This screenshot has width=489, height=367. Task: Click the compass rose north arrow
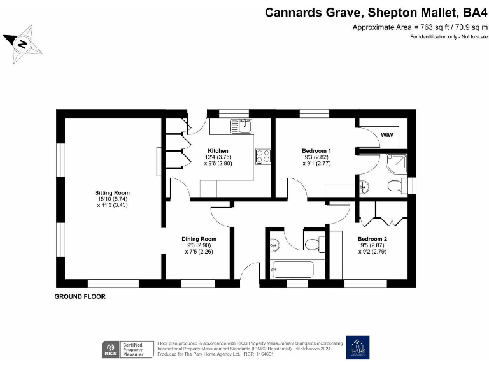pyautogui.click(x=22, y=43)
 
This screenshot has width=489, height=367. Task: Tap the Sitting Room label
pyautogui.click(x=112, y=192)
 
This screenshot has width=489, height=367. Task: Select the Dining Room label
pyautogui.click(x=195, y=239)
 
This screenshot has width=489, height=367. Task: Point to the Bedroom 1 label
pyautogui.click(x=316, y=151)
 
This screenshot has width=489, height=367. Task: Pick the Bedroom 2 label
pyautogui.click(x=372, y=239)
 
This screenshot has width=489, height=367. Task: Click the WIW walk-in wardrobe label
pyautogui.click(x=386, y=135)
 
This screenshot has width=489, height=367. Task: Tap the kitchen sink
pyautogui.click(x=239, y=127)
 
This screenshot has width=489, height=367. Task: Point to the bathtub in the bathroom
pyautogui.click(x=292, y=270)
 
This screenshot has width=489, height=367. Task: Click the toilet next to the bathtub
pyautogui.click(x=313, y=244)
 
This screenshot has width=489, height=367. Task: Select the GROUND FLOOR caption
pyautogui.click(x=80, y=297)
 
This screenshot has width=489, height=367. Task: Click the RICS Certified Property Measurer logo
pyautogui.click(x=128, y=349)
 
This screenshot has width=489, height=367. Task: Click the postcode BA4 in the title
pyautogui.click(x=472, y=12)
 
